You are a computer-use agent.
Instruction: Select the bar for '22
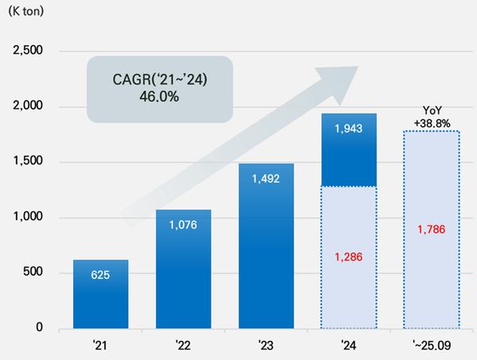(x=183, y=270)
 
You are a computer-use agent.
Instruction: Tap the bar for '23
(x=266, y=246)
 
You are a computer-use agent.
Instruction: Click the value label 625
(x=100, y=274)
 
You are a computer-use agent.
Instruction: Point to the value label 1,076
(x=183, y=224)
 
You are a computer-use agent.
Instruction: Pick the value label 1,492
(x=266, y=179)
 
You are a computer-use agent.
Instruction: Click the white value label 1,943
(x=349, y=128)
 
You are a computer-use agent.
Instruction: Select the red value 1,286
(x=349, y=257)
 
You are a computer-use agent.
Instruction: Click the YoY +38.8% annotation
(x=432, y=118)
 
